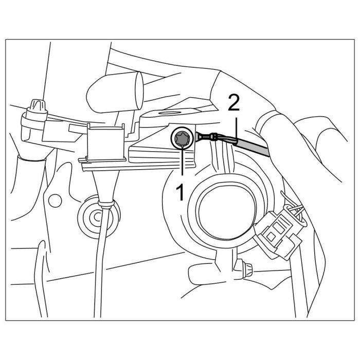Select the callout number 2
[233, 104]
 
